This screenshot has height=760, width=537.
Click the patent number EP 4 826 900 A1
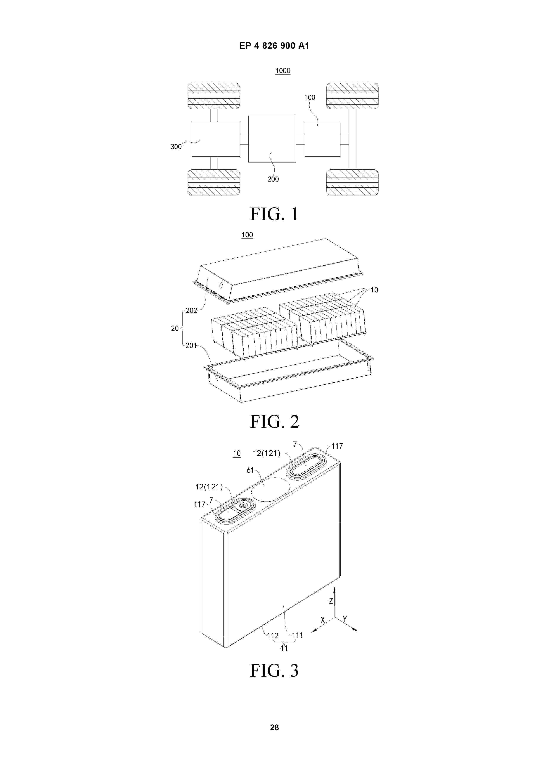click(x=274, y=46)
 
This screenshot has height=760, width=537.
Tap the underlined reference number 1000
click(x=283, y=70)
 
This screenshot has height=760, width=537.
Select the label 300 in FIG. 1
click(x=176, y=147)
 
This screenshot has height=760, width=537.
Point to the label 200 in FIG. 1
click(x=273, y=179)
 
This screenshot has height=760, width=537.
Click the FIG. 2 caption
click(x=275, y=421)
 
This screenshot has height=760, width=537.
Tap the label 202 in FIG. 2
click(x=191, y=310)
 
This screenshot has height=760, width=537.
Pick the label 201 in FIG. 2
click(x=191, y=345)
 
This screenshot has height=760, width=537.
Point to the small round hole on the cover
click(x=221, y=285)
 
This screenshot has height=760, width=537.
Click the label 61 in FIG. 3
click(x=250, y=470)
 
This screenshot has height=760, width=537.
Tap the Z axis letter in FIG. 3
click(x=331, y=601)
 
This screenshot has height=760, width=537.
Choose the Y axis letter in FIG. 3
click(x=345, y=619)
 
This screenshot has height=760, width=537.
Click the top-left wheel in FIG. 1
click(x=214, y=96)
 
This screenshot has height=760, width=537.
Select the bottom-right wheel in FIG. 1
click(x=352, y=182)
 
